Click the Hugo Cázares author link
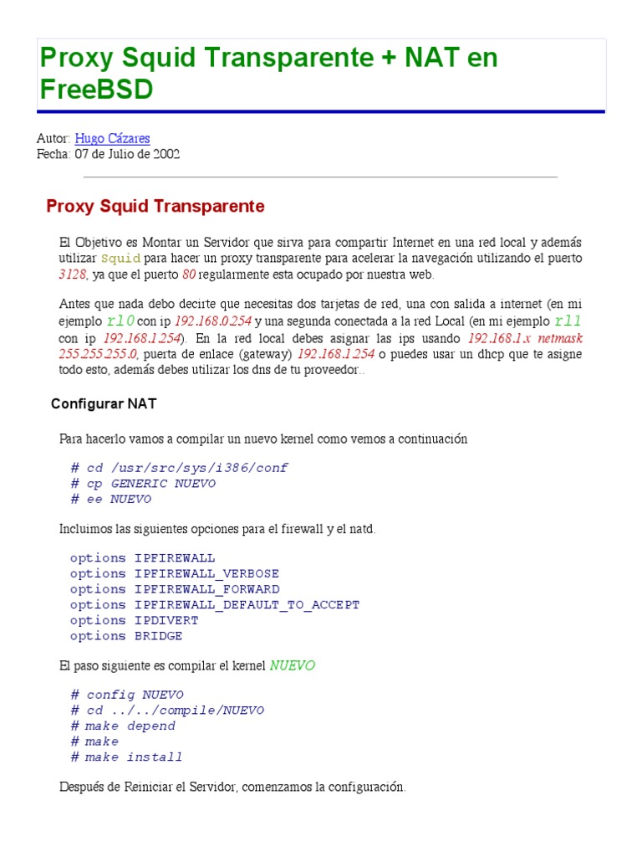[112, 138]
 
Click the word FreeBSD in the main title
[96, 89]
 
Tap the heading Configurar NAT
[104, 403]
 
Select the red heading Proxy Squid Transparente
[155, 206]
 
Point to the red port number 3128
[73, 274]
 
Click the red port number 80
[189, 274]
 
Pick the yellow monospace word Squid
[120, 258]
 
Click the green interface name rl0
[120, 321]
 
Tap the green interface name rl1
[568, 321]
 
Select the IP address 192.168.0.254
[212, 321]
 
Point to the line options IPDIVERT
[134, 620]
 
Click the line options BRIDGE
[125, 636]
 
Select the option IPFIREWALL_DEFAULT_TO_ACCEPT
[247, 604]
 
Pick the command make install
[134, 757]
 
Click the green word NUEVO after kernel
[292, 666]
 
